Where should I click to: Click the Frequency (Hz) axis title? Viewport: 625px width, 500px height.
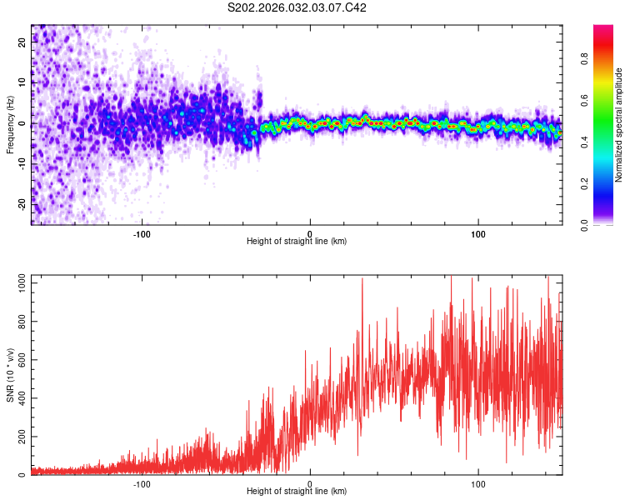point(10,124)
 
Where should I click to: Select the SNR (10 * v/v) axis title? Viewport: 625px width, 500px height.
point(10,376)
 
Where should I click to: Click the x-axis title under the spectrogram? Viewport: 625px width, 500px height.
point(297,241)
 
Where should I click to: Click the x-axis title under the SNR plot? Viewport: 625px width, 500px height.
point(297,492)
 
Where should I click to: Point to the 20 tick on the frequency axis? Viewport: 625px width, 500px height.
point(22,44)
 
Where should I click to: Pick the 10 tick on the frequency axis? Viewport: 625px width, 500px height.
point(22,84)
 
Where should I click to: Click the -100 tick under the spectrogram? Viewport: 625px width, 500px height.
point(142,232)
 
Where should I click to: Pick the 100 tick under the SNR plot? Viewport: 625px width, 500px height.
point(479,483)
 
